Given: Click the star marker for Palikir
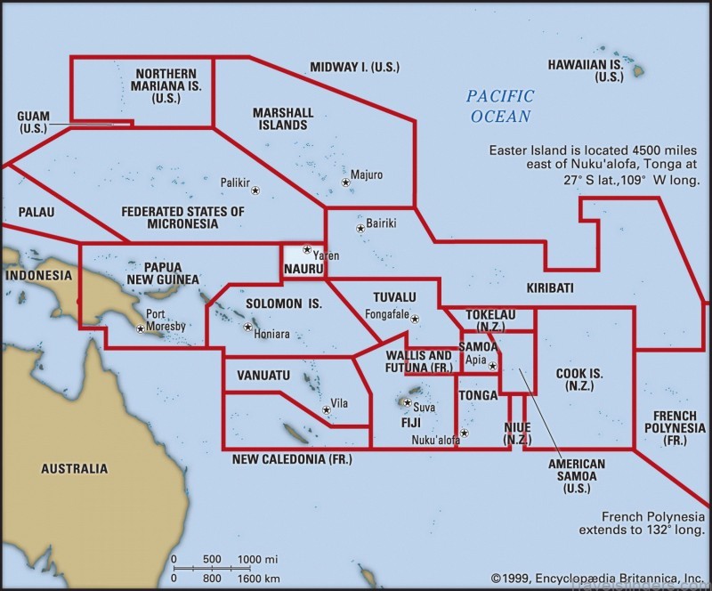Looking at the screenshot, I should [x=255, y=190].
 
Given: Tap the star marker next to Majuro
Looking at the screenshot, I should [x=345, y=182].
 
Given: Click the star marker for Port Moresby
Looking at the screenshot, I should [x=140, y=328].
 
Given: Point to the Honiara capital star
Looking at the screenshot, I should [x=247, y=327].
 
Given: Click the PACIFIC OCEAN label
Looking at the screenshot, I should [x=500, y=105].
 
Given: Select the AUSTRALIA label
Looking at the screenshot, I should [x=75, y=468].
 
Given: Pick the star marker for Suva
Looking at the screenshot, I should [x=407, y=402].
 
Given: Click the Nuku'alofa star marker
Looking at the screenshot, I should [x=464, y=433].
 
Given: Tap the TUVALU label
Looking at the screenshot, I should [x=394, y=296].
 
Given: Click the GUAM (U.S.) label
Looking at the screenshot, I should [x=33, y=123].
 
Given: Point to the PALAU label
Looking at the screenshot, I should [x=36, y=213].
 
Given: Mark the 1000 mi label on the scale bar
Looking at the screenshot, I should [x=259, y=559].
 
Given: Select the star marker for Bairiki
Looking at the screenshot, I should [x=360, y=229].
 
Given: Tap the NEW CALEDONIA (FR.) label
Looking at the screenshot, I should [x=292, y=459].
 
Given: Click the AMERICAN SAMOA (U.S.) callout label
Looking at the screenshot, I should [x=576, y=476].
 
